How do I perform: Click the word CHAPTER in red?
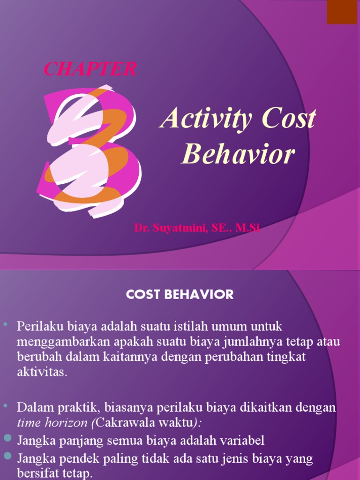click(x=90, y=69)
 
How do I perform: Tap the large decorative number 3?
click(x=89, y=150)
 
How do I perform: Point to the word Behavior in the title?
click(x=238, y=154)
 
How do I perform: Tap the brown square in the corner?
click(x=342, y=12)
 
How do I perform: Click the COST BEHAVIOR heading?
click(x=180, y=294)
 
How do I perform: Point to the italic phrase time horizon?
click(x=53, y=422)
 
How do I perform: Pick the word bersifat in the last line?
click(x=37, y=473)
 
